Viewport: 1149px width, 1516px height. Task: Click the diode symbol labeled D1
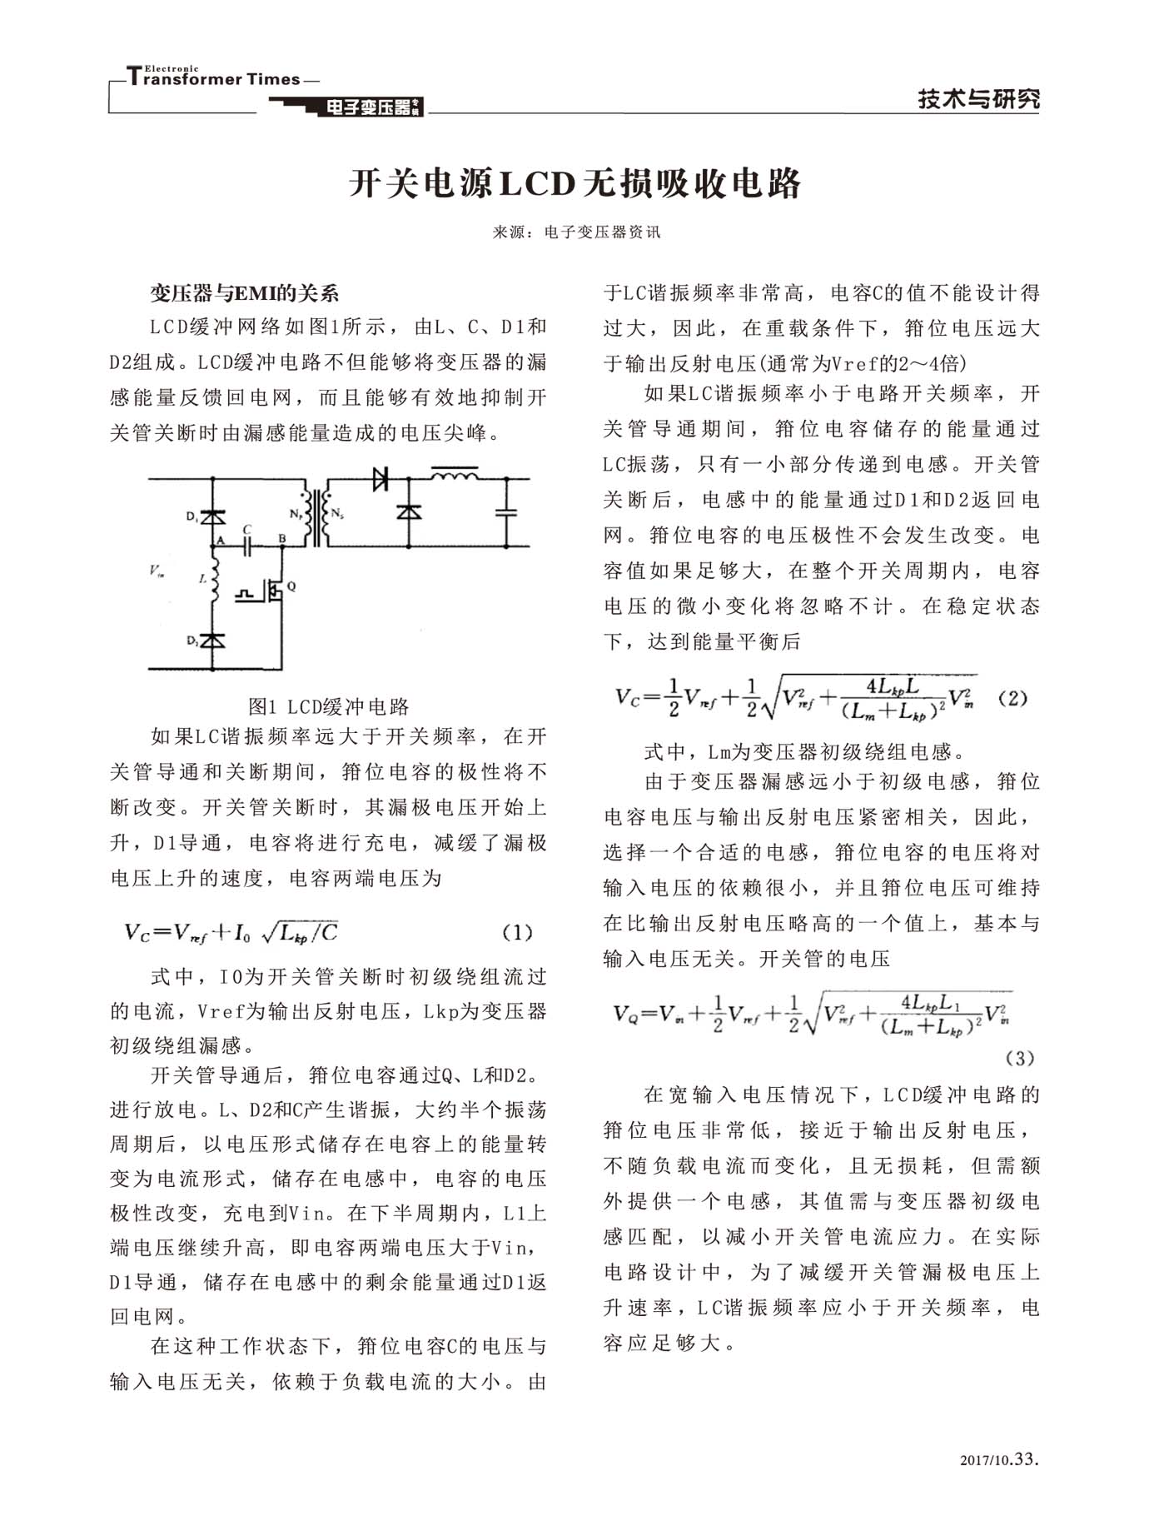pyautogui.click(x=214, y=517)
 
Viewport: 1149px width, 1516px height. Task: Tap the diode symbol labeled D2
pyautogui.click(x=214, y=641)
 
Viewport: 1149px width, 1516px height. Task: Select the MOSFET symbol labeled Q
pyautogui.click(x=275, y=590)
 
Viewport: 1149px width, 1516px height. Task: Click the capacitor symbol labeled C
pyautogui.click(x=247, y=546)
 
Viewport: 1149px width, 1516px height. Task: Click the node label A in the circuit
pyautogui.click(x=221, y=540)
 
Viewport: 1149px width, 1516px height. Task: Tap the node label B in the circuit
pyautogui.click(x=282, y=539)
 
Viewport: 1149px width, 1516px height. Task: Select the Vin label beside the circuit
pyautogui.click(x=157, y=571)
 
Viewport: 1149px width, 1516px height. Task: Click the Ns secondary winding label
pyautogui.click(x=336, y=514)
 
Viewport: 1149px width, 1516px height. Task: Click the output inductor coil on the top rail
pyautogui.click(x=454, y=476)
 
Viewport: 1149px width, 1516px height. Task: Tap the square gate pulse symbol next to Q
pyautogui.click(x=246, y=594)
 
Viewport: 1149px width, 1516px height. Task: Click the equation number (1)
pyautogui.click(x=517, y=932)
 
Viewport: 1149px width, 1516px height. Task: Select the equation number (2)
pyautogui.click(x=1012, y=698)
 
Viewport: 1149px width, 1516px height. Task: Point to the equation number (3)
pyautogui.click(x=1019, y=1058)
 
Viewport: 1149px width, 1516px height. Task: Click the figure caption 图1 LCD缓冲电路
pyautogui.click(x=329, y=706)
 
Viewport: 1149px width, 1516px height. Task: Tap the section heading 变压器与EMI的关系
pyautogui.click(x=245, y=293)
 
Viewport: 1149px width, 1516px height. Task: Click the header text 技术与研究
pyautogui.click(x=978, y=99)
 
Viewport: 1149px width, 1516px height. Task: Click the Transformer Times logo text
pyautogui.click(x=214, y=78)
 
